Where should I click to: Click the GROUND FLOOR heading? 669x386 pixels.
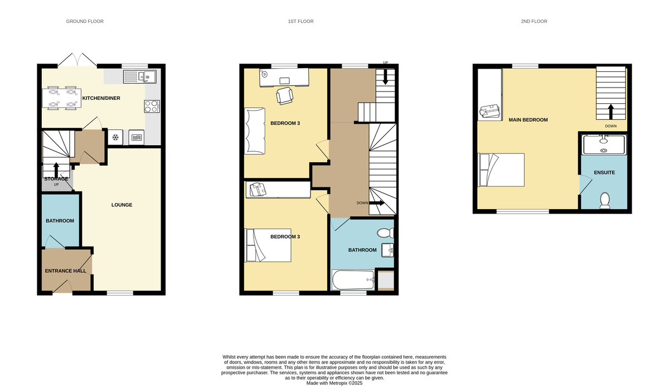click(x=85, y=21)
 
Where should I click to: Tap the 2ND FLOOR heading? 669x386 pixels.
click(x=534, y=21)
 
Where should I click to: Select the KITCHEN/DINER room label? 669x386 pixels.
click(x=101, y=98)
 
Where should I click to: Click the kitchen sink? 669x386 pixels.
click(x=140, y=77)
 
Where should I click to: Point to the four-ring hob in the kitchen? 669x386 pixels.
click(x=152, y=107)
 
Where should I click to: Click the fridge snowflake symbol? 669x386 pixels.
click(x=115, y=137)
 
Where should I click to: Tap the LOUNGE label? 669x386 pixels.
click(x=122, y=205)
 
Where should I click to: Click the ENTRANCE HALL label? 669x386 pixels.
click(x=65, y=271)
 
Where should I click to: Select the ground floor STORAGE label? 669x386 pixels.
click(x=56, y=179)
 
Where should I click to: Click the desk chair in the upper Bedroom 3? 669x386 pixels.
click(x=285, y=96)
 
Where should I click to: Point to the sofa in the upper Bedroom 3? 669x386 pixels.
click(x=255, y=131)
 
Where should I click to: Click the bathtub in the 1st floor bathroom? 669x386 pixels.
click(x=353, y=280)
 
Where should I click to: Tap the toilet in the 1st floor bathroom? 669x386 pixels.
click(x=385, y=233)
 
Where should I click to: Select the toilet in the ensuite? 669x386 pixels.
click(x=605, y=200)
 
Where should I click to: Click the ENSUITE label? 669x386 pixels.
click(x=604, y=173)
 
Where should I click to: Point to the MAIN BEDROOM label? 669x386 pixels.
click(x=529, y=120)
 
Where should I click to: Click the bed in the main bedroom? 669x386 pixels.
click(x=501, y=170)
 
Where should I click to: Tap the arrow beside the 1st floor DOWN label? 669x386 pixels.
click(x=377, y=203)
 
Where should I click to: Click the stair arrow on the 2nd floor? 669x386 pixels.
click(x=611, y=112)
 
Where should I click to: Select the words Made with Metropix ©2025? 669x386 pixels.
click(x=334, y=383)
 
